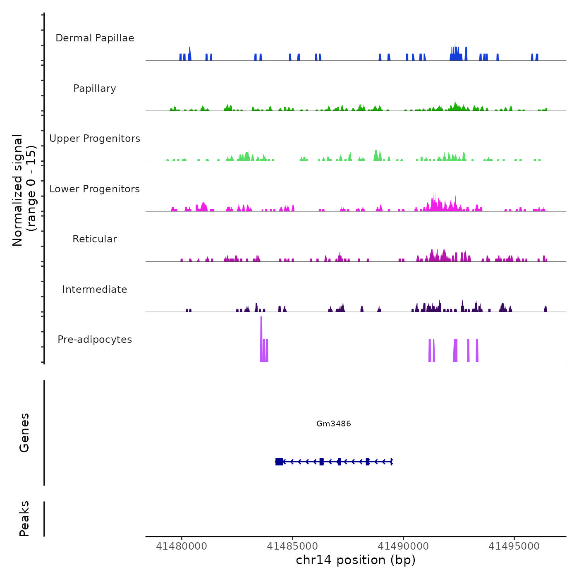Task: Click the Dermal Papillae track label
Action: [x=95, y=38]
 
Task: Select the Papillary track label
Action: [x=95, y=89]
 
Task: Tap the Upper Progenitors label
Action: [x=95, y=139]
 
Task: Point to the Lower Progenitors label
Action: [x=95, y=189]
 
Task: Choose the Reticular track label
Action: [x=95, y=239]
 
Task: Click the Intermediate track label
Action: [x=95, y=289]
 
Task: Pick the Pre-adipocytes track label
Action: [x=95, y=340]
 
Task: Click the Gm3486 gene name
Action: [x=333, y=423]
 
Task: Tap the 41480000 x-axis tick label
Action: [x=181, y=546]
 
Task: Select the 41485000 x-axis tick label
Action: [x=292, y=546]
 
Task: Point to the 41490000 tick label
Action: [x=403, y=546]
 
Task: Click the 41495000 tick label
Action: [x=514, y=546]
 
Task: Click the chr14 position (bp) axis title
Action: [x=356, y=560]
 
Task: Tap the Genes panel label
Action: [x=24, y=433]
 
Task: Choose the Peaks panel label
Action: [x=24, y=519]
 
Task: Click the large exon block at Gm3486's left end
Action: [x=279, y=462]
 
